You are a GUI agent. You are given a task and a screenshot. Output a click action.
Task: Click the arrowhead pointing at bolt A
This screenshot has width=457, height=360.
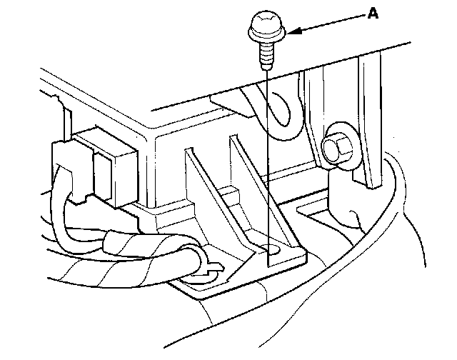294,31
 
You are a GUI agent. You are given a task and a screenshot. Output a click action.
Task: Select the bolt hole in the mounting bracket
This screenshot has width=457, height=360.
272,249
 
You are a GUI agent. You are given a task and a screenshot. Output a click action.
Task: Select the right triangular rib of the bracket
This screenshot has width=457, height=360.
246,179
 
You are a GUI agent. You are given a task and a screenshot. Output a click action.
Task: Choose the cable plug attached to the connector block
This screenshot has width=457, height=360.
68,161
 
